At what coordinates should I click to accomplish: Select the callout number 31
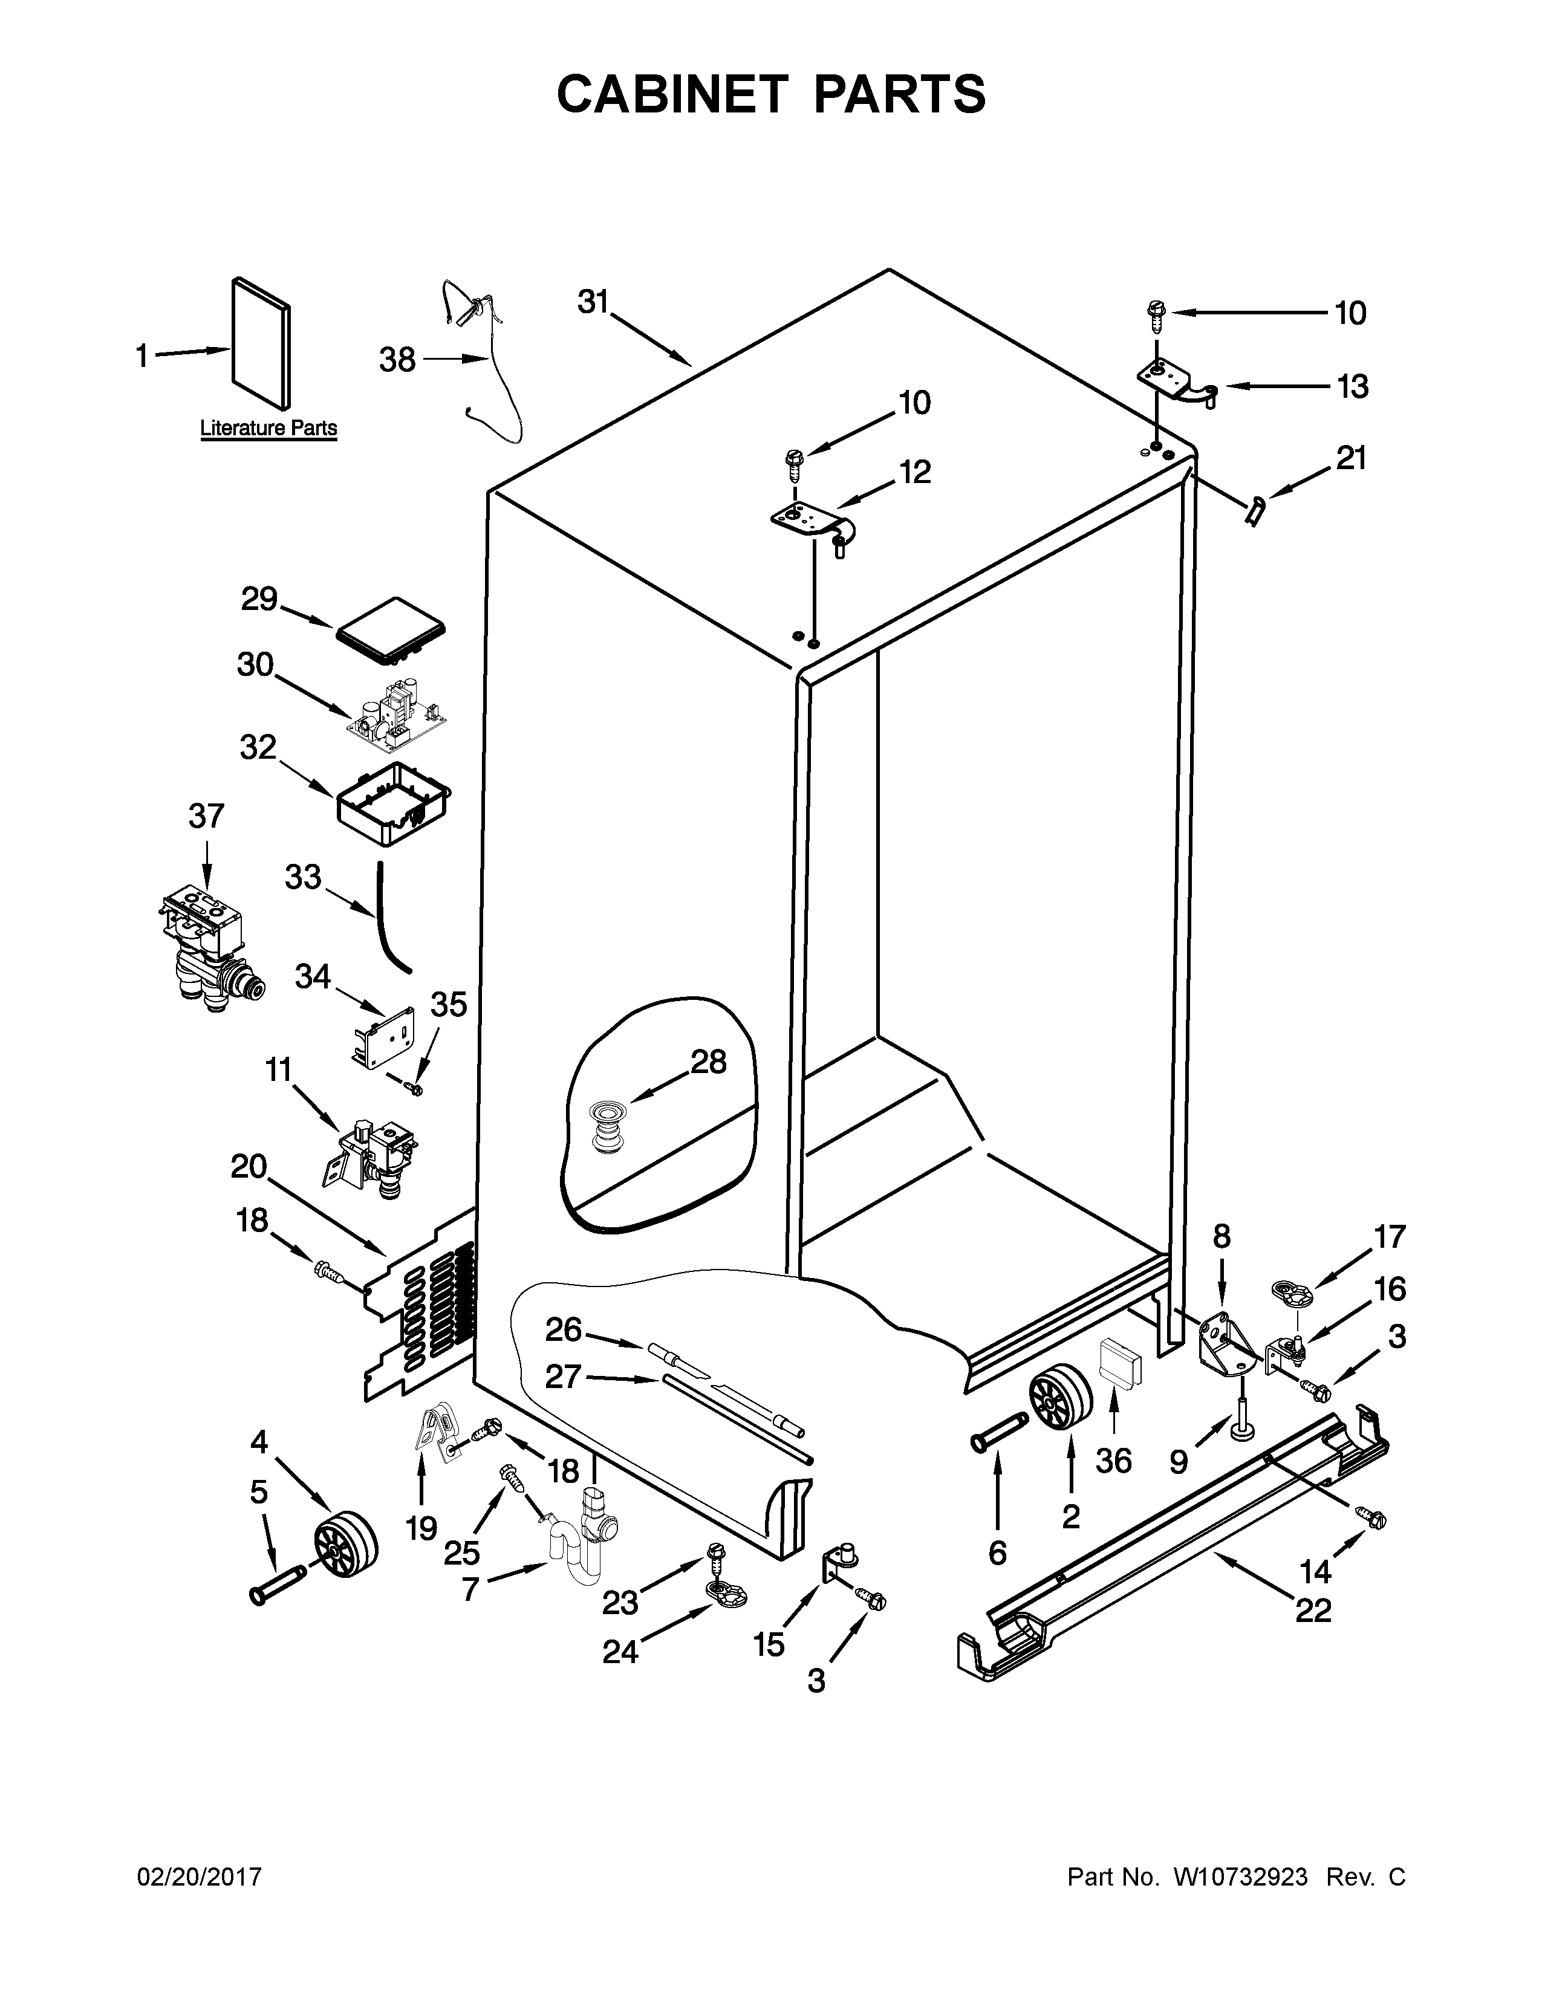pyautogui.click(x=593, y=302)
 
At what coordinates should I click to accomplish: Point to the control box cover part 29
pyautogui.click(x=391, y=629)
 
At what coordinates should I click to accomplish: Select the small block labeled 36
pyautogui.click(x=1119, y=1367)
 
